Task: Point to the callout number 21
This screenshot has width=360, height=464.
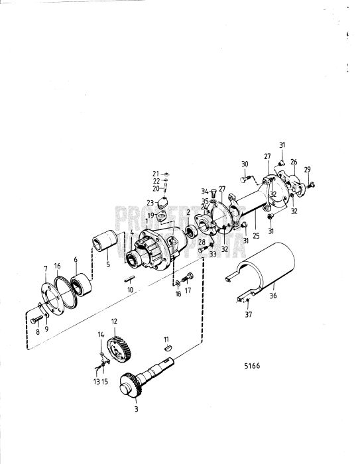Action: (x=155, y=174)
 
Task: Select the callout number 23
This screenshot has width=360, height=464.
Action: (x=150, y=203)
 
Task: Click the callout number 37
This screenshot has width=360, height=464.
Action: (x=248, y=315)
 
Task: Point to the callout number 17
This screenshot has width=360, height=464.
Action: (x=188, y=289)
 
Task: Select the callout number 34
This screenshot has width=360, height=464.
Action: (x=205, y=191)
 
